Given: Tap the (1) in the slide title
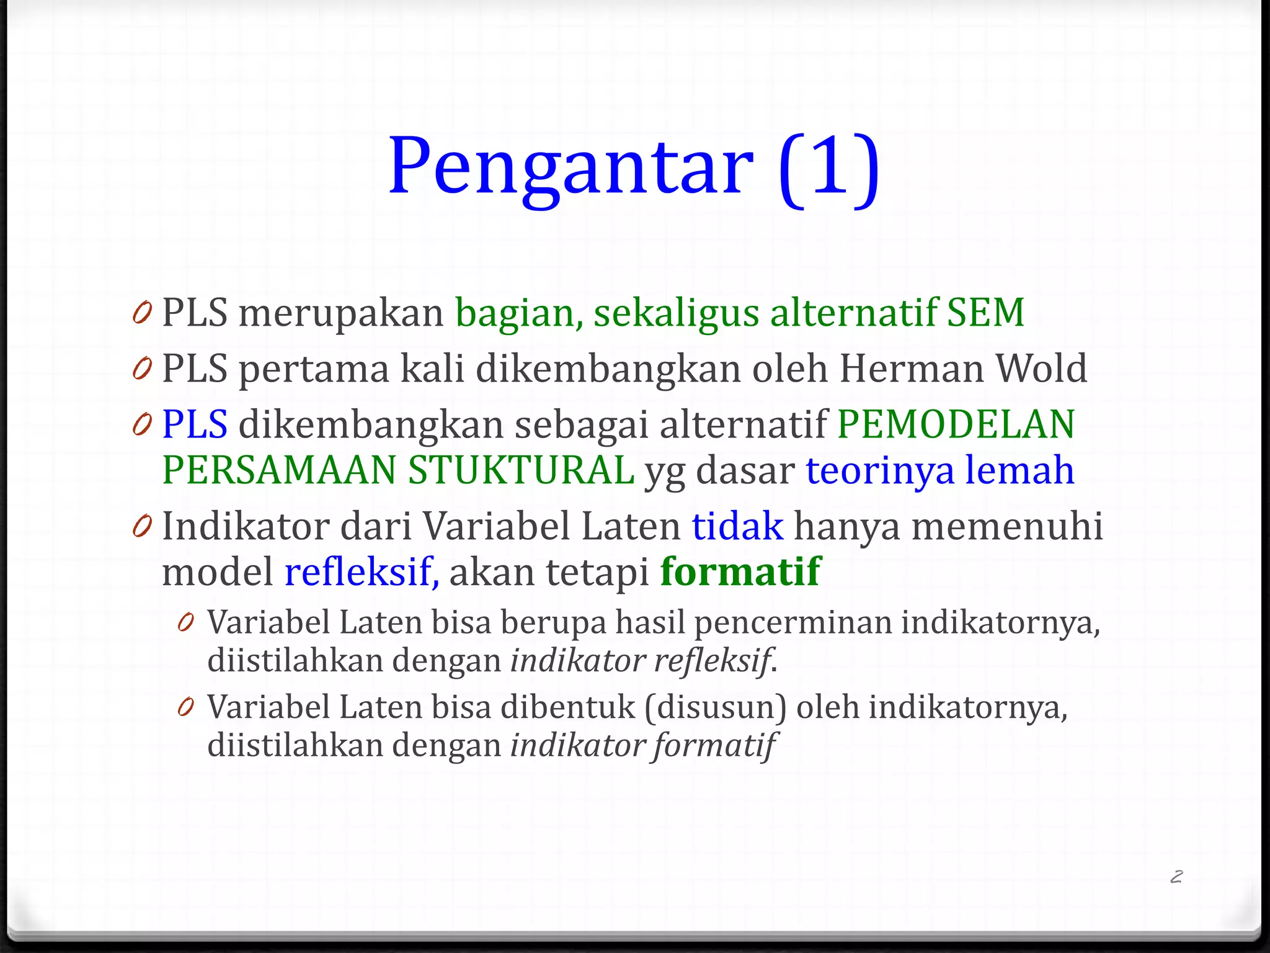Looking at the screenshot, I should [x=828, y=168].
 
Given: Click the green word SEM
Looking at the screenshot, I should [x=985, y=312].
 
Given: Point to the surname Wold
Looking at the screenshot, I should [x=1041, y=369].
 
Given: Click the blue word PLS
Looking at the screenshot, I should [x=194, y=424].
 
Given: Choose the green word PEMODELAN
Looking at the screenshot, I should [x=956, y=424].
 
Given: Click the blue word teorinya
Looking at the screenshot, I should [x=880, y=470].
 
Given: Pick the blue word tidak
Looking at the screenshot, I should [x=737, y=526].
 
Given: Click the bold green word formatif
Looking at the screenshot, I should [x=740, y=571].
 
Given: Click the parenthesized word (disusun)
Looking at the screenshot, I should [x=715, y=707].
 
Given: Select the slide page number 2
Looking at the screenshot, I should [x=1176, y=876].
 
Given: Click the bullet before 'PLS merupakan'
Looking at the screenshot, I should [x=142, y=313].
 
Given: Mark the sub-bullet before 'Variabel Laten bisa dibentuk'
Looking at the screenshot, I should [x=185, y=707].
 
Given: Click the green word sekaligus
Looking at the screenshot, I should [x=676, y=312].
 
